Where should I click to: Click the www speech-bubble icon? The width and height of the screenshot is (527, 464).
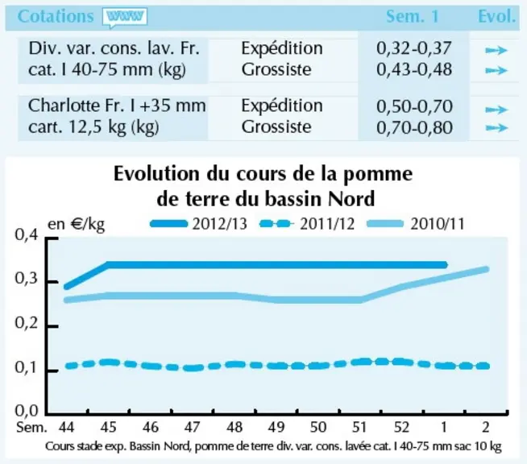pos(126,18)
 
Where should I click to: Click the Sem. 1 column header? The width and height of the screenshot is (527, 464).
pos(413,16)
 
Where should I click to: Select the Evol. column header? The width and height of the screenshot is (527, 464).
pos(496,16)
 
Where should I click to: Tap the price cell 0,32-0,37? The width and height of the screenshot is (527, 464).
pos(413,48)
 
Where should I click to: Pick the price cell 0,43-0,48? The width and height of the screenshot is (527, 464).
pos(414,69)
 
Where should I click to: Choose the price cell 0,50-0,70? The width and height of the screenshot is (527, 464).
pos(414,106)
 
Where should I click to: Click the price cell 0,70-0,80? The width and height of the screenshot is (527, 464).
pos(414,127)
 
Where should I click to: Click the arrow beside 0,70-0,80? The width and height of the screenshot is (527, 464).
pos(496,127)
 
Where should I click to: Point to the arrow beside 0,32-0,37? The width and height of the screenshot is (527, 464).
pos(496,51)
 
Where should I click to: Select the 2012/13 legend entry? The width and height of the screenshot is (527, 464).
pos(198,224)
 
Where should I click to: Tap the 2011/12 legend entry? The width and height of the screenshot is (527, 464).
pos(307,224)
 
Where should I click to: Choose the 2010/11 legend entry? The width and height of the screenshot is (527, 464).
pos(416,224)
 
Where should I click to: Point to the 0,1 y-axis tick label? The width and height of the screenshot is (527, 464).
pos(27,368)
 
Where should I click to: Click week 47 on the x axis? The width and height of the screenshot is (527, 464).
pos(192,427)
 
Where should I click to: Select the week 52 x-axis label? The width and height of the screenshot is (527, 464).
pos(401,427)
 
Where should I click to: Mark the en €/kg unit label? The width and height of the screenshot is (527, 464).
pos(77,225)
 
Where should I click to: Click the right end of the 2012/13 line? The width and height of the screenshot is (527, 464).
pos(446,265)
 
